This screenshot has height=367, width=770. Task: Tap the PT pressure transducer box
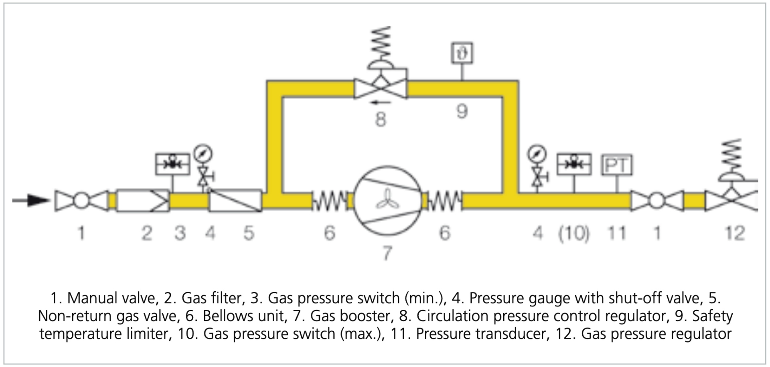(617, 165)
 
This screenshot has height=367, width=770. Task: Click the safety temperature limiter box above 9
(462, 53)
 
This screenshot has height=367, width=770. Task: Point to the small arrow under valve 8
(380, 103)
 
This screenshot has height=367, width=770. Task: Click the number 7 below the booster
(387, 253)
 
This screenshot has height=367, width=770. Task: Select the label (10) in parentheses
(574, 233)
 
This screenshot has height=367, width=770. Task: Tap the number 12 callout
(735, 233)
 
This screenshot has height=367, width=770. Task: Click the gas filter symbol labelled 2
(143, 200)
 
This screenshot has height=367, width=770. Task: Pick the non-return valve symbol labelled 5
(235, 200)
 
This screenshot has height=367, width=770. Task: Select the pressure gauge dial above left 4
(203, 153)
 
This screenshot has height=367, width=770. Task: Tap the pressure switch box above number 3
(172, 164)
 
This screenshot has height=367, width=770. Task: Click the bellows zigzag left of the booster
(329, 201)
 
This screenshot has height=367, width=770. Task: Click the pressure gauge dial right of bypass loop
(537, 153)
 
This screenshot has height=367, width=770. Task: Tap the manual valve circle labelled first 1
(81, 200)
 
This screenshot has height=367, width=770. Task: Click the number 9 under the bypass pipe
(462, 111)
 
